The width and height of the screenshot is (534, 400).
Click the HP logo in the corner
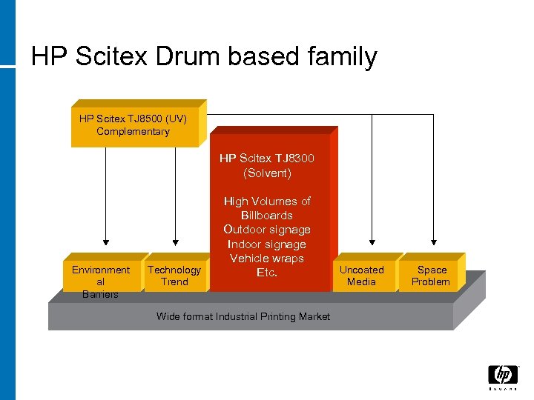(x=502, y=376)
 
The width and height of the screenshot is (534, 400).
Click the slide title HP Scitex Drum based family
(x=204, y=56)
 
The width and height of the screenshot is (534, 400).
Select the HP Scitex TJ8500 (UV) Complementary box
(x=133, y=125)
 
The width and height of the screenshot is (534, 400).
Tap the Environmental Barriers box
(x=101, y=279)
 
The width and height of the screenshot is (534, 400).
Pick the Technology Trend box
(x=174, y=276)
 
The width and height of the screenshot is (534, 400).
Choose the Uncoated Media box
(x=361, y=276)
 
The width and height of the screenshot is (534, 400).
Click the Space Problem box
(x=431, y=276)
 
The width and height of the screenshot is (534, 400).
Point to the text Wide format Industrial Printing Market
(x=243, y=316)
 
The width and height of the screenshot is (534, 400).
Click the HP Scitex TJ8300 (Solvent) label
(x=267, y=165)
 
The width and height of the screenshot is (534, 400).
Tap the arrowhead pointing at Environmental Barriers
(x=106, y=241)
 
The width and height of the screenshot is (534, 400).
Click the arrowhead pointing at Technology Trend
(x=175, y=241)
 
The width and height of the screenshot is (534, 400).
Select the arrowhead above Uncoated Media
(x=370, y=241)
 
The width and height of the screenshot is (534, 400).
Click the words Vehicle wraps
(x=267, y=259)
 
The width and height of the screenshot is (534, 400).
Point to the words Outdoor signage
(x=267, y=230)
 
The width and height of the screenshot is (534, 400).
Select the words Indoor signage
(x=267, y=244)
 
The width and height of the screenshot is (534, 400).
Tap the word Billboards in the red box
(x=267, y=216)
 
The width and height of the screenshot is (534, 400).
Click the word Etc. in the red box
(x=267, y=273)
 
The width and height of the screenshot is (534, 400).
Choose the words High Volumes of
(x=267, y=201)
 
